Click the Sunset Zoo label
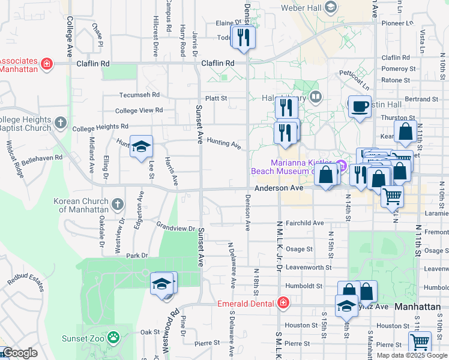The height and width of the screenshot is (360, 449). pyautogui.click(x=84, y=338)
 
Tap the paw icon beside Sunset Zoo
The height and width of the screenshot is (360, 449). pyautogui.click(x=113, y=338)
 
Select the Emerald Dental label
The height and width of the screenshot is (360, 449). pyautogui.click(x=247, y=304)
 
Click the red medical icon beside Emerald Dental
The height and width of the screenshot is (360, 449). pyautogui.click(x=283, y=304)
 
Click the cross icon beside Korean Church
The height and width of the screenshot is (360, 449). pyautogui.click(x=117, y=205)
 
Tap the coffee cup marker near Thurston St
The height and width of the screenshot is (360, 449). pyautogui.click(x=360, y=107)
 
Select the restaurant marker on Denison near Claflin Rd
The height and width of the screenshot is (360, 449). pyautogui.click(x=244, y=37)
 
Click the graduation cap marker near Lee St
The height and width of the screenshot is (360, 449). pyautogui.click(x=141, y=146)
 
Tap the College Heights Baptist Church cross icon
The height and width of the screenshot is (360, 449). pyautogui.click(x=60, y=123)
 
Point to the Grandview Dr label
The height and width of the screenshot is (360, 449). pyautogui.click(x=175, y=229)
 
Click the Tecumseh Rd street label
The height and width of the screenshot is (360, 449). pyautogui.click(x=139, y=95)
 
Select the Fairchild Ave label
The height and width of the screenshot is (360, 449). pyautogui.click(x=305, y=223)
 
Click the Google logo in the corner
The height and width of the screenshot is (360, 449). pyautogui.click(x=20, y=353)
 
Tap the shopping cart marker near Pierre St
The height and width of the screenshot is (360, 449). pyautogui.click(x=420, y=343)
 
